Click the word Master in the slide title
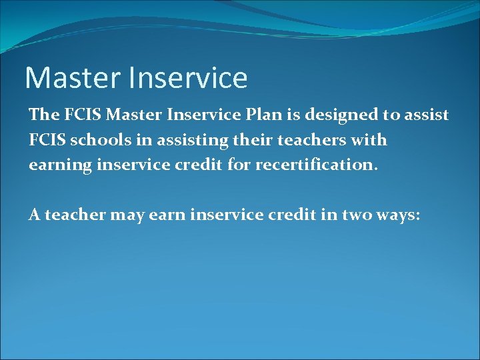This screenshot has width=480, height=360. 69,78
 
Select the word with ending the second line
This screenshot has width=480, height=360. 371,140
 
